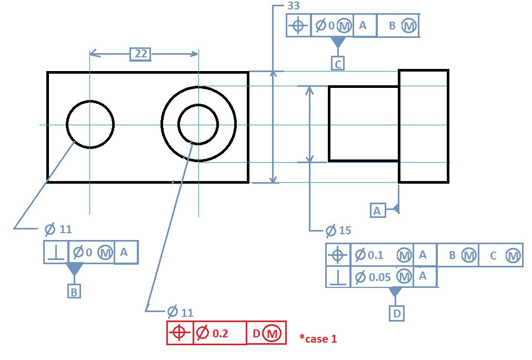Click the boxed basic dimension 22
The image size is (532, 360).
tap(140, 54)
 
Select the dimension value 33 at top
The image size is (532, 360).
tap(294, 6)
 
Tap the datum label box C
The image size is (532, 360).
tap(338, 63)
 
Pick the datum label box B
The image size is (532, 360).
tap(74, 291)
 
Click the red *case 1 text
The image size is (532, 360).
tap(318, 338)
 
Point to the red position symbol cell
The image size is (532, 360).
tap(180, 333)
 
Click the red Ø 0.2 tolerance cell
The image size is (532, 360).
tap(219, 333)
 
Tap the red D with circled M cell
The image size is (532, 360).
tap(266, 333)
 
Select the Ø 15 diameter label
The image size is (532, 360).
tap(338, 231)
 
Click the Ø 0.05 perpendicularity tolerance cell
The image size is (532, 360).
tap(382, 276)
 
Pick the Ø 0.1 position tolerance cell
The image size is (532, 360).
tap(382, 255)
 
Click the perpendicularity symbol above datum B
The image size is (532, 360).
tap(56, 253)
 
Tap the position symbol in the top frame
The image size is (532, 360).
tap(299, 25)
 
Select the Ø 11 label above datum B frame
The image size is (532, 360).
tap(58, 229)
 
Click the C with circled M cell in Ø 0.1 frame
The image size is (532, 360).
tap(500, 255)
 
